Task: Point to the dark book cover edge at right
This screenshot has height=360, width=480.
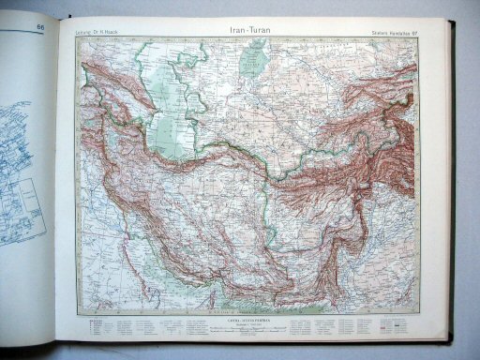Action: tap(453, 187)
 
